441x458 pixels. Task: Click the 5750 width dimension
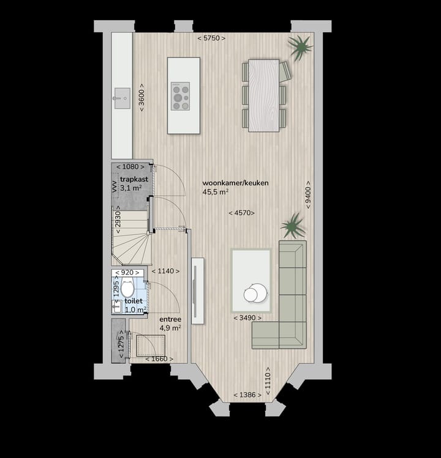click(211, 39)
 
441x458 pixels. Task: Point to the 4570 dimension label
click(241, 213)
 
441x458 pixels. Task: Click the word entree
click(169, 319)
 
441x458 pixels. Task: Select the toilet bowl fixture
click(127, 287)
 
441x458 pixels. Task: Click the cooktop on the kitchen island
click(180, 97)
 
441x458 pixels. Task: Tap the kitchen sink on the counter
click(121, 96)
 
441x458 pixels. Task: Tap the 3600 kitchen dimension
click(141, 97)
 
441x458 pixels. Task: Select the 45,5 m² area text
click(215, 192)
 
